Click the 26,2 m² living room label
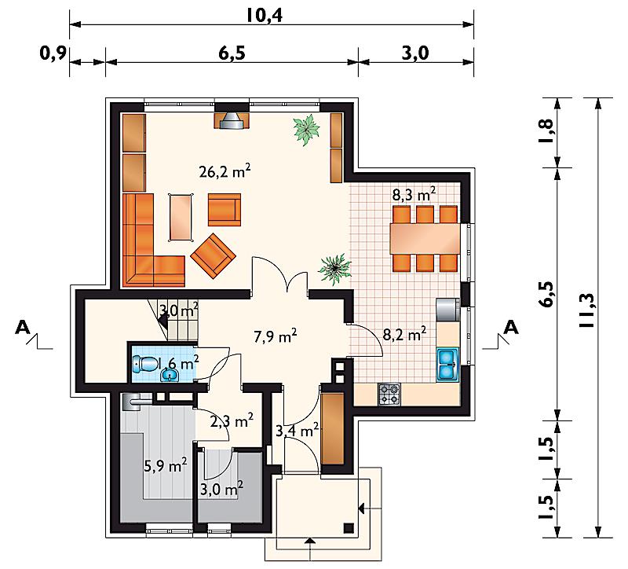[x=225, y=171]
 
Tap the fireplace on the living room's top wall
[x=232, y=120]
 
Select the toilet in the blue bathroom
[x=145, y=363]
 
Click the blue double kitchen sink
[x=447, y=364]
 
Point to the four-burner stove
[x=389, y=395]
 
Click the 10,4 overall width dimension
[x=265, y=15]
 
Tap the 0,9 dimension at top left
[x=53, y=53]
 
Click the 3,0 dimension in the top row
[x=415, y=53]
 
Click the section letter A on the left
[x=23, y=328]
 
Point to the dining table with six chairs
[x=425, y=238]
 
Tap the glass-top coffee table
[x=181, y=217]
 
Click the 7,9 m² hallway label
[x=276, y=336]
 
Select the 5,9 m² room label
[x=166, y=465]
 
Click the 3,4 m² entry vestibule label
[x=298, y=430]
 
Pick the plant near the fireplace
[x=306, y=129]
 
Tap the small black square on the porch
[x=349, y=528]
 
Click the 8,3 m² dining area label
[x=414, y=194]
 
